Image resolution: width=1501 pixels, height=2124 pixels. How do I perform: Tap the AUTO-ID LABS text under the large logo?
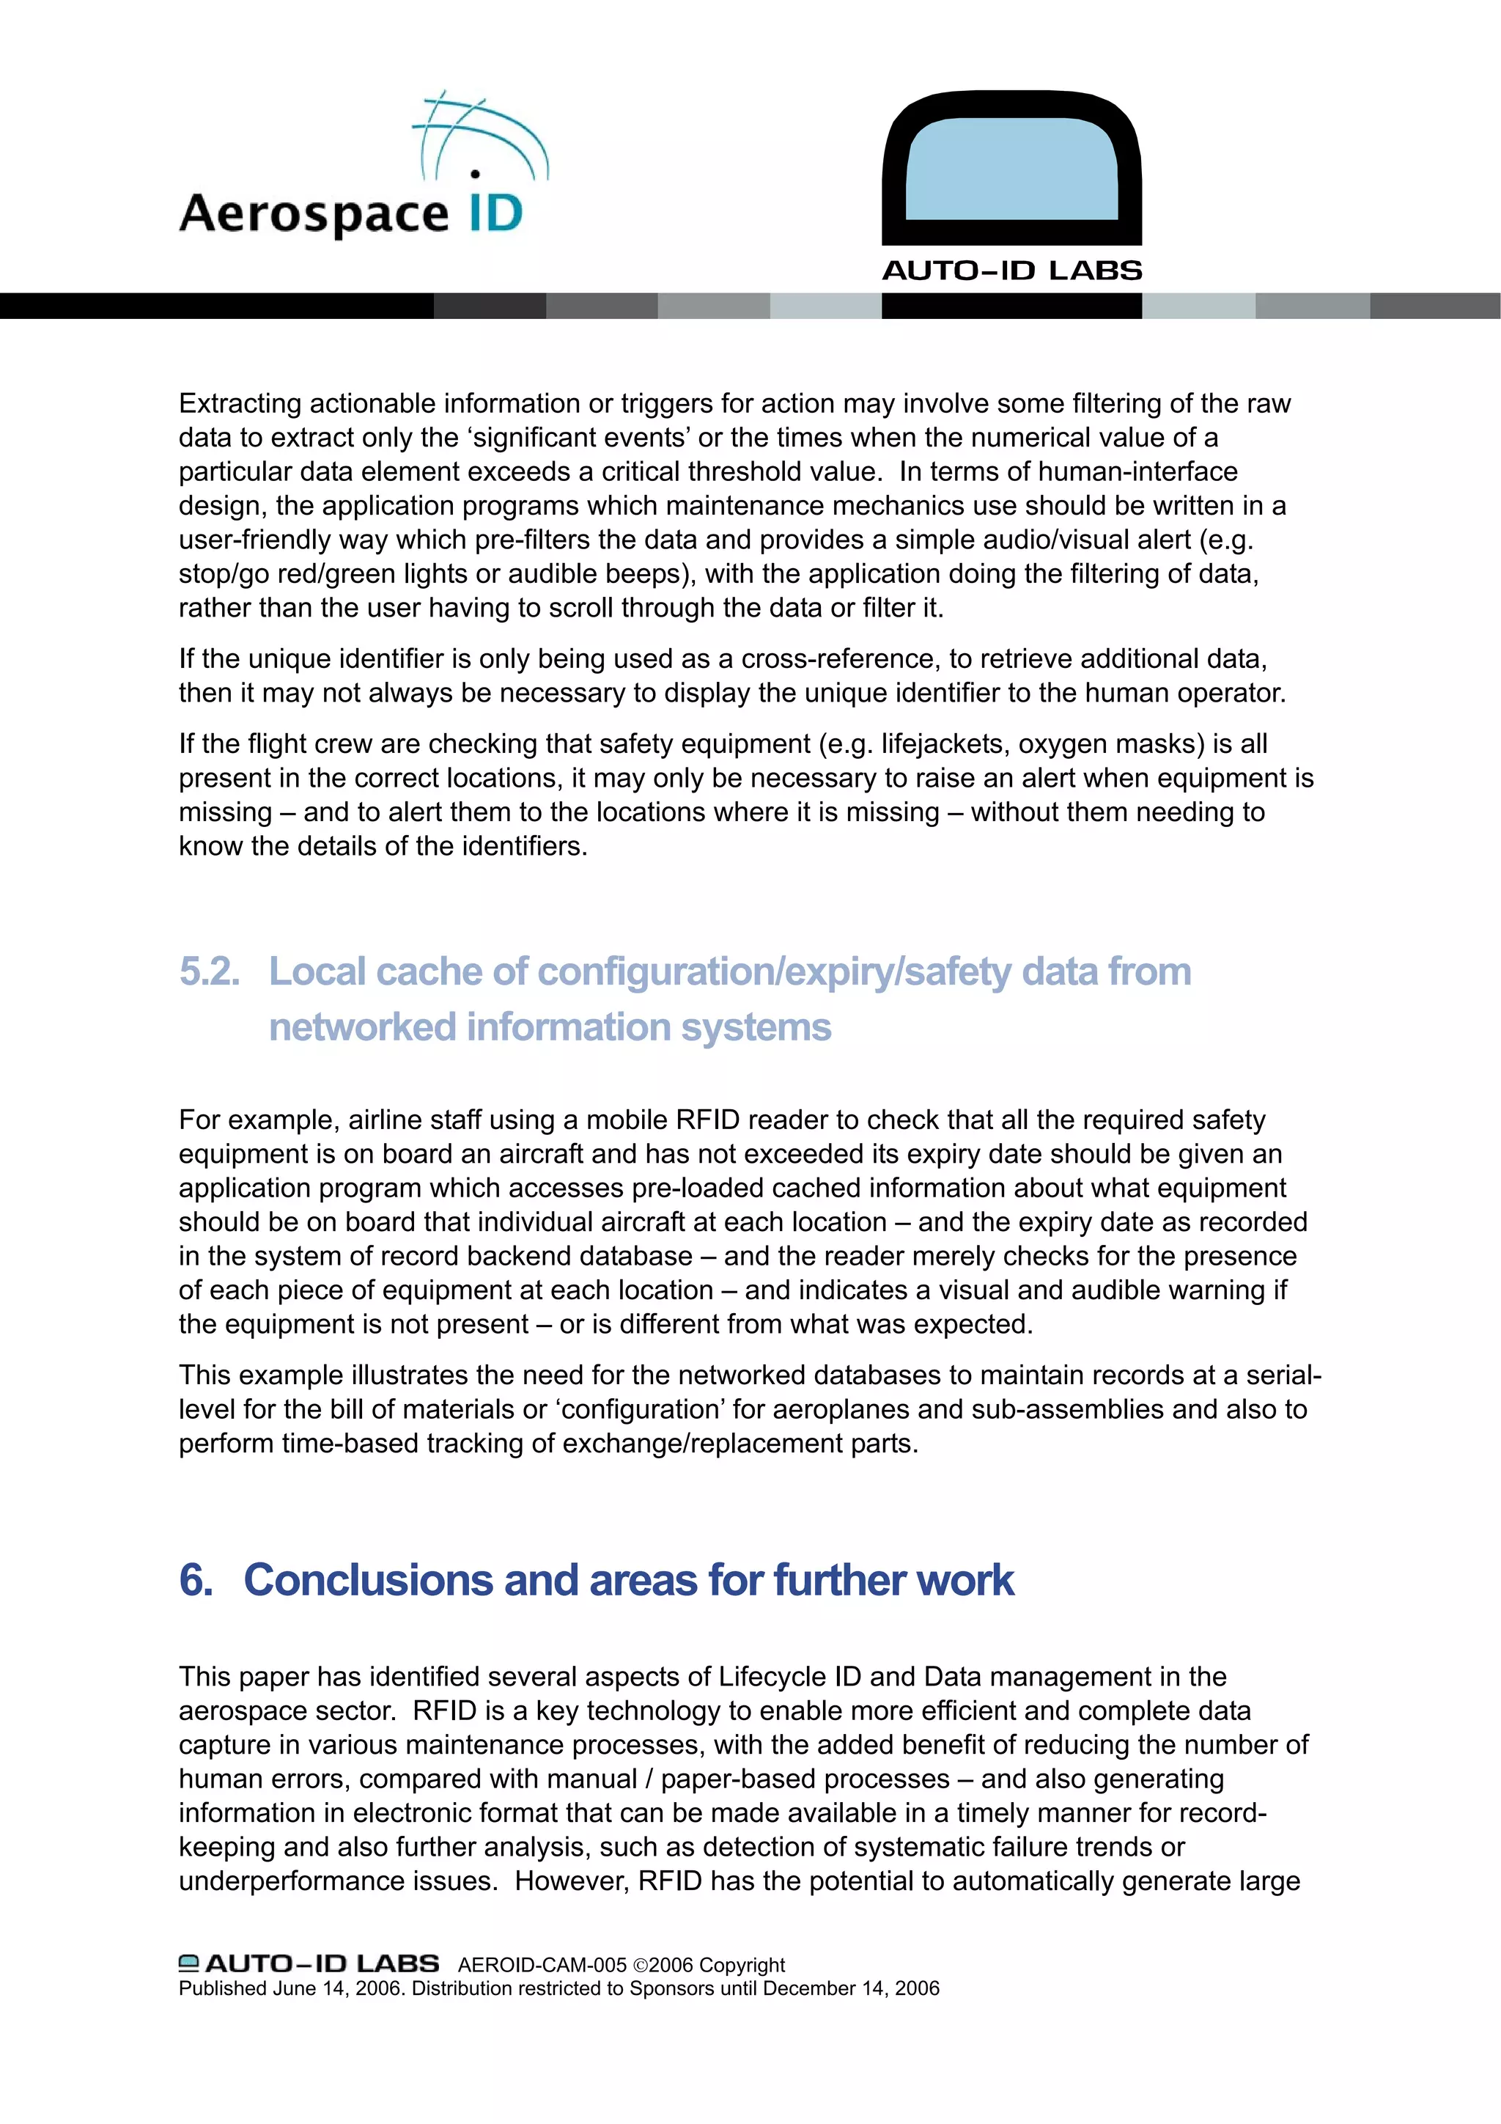click(1011, 271)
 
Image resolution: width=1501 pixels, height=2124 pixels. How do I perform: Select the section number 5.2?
click(209, 971)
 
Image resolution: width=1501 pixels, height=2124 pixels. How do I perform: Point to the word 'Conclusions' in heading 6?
click(368, 1580)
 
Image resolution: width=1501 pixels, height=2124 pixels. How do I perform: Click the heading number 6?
click(195, 1580)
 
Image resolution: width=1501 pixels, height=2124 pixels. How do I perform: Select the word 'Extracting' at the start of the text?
click(240, 404)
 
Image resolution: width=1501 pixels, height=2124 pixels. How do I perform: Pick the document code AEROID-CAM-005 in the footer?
click(542, 1965)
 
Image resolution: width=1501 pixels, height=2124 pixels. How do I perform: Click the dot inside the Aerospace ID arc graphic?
click(474, 173)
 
